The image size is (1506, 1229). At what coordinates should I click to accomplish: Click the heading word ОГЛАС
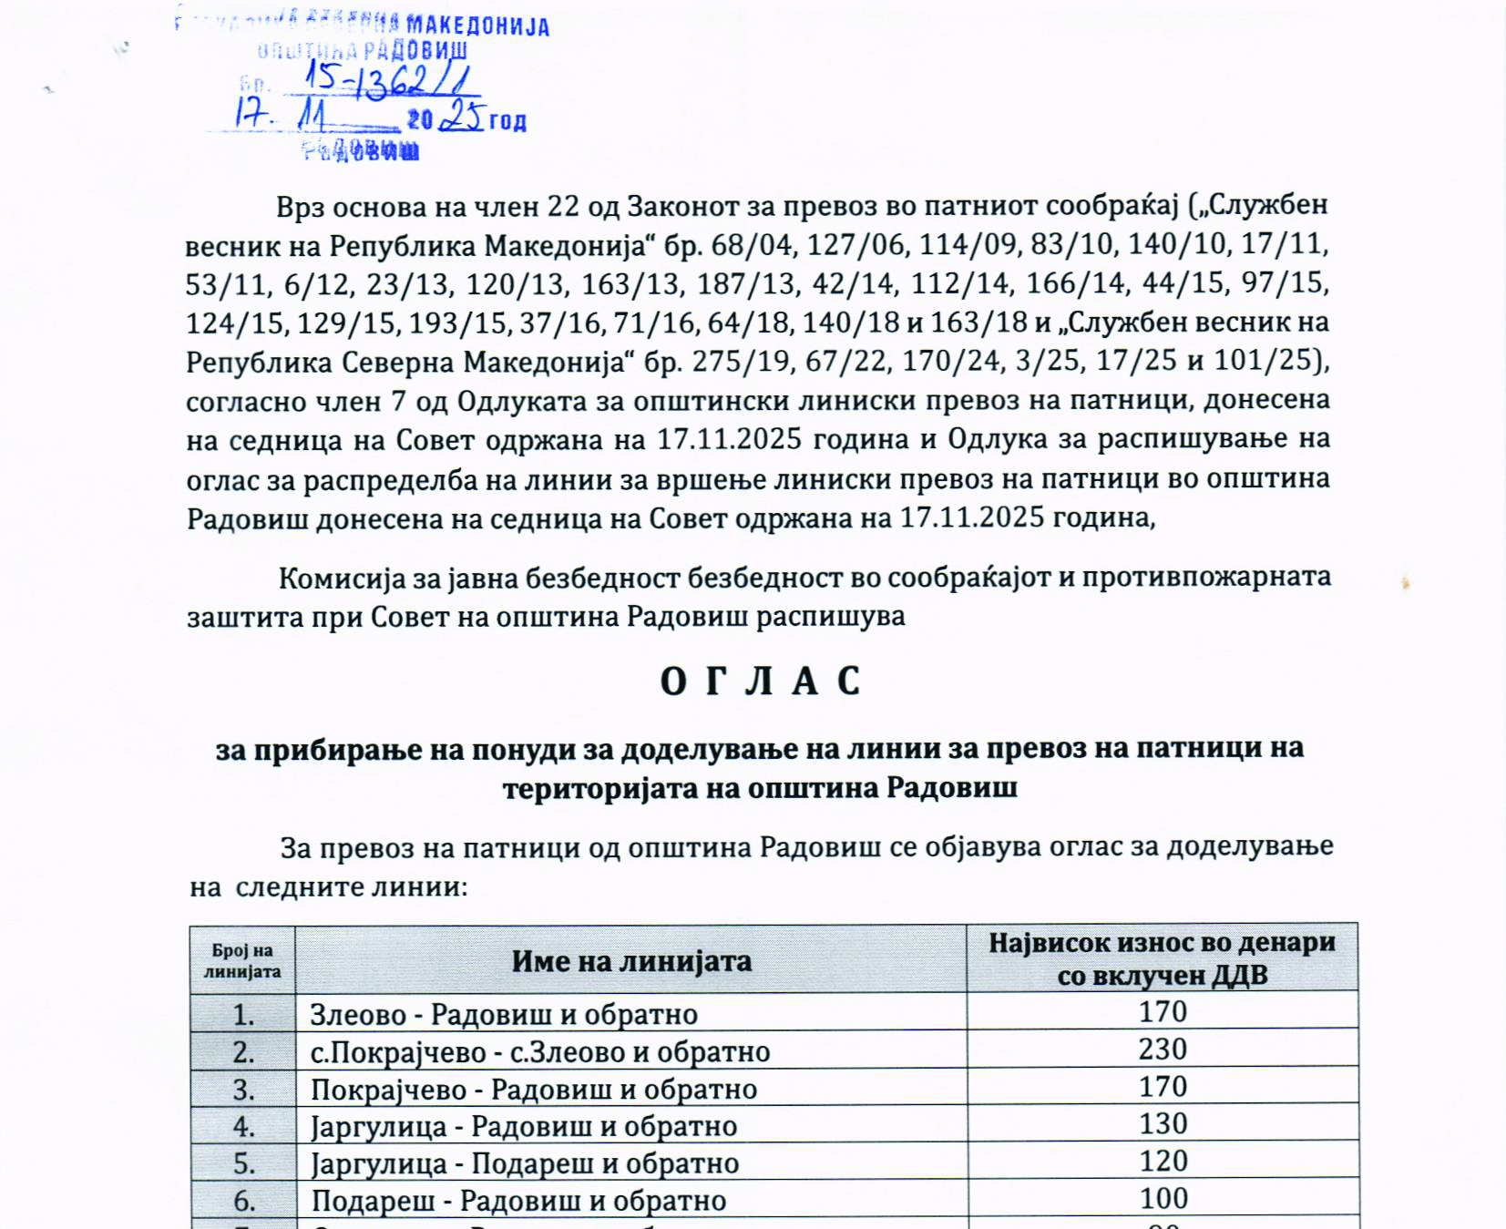(x=760, y=681)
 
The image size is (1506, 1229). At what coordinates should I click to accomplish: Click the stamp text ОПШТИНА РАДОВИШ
(x=362, y=50)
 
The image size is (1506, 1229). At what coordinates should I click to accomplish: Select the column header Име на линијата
(x=630, y=961)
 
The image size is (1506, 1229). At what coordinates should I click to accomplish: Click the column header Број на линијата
(x=242, y=961)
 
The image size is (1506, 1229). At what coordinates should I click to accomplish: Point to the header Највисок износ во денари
(x=1162, y=943)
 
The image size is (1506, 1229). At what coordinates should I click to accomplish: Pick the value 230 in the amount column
(x=1163, y=1050)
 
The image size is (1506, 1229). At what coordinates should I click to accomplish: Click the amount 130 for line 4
(x=1163, y=1124)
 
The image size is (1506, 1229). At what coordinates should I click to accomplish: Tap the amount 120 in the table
(x=1163, y=1162)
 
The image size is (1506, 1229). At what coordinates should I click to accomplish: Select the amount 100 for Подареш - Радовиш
(x=1163, y=1199)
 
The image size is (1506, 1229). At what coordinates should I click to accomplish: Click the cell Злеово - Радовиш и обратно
(x=504, y=1014)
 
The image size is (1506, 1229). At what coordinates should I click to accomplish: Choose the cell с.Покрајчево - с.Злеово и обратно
(x=540, y=1052)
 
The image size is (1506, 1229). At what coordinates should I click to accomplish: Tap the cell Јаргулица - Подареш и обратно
(x=525, y=1163)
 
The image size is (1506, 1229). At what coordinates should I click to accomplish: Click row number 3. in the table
(x=243, y=1090)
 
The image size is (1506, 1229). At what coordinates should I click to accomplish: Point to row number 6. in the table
(x=243, y=1201)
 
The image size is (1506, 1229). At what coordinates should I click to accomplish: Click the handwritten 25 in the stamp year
(x=462, y=116)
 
